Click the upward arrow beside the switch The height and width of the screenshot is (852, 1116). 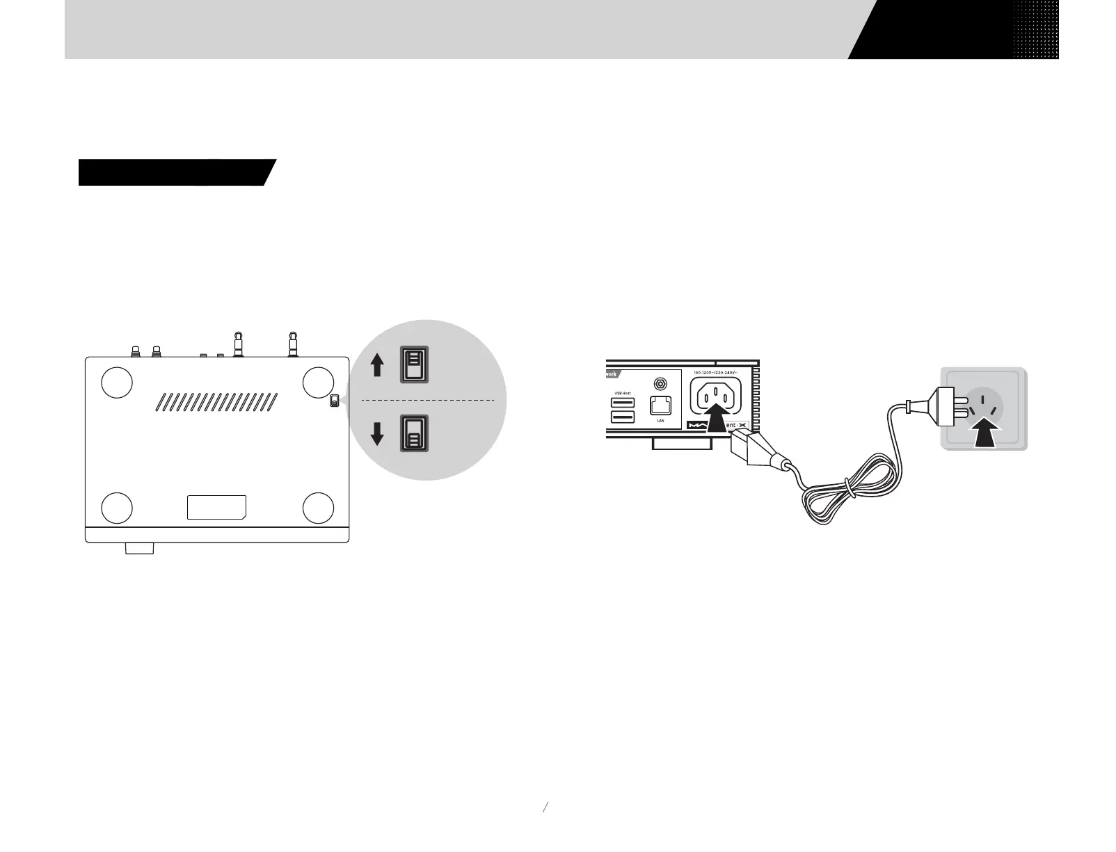coord(377,364)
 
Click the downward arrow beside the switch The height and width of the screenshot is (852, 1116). coord(377,433)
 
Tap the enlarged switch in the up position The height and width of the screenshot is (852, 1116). coord(414,364)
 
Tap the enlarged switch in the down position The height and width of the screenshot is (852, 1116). coord(414,433)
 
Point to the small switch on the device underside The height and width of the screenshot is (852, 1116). coord(335,401)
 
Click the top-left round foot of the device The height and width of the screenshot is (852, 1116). coord(117,382)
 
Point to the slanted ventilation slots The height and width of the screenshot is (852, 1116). coord(216,401)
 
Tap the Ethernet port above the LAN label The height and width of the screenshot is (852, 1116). coord(659,405)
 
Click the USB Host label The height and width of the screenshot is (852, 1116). coord(623,394)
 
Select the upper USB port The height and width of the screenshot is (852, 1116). coord(623,403)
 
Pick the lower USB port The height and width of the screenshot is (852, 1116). coord(623,417)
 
